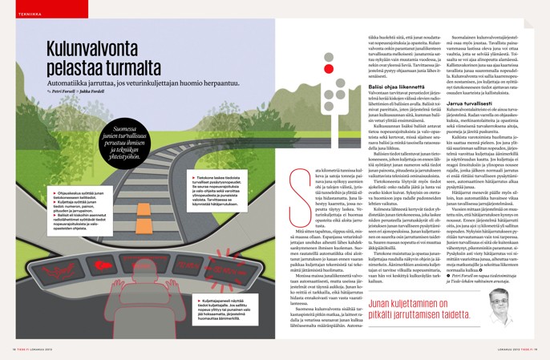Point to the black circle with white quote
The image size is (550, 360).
[121, 142]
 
